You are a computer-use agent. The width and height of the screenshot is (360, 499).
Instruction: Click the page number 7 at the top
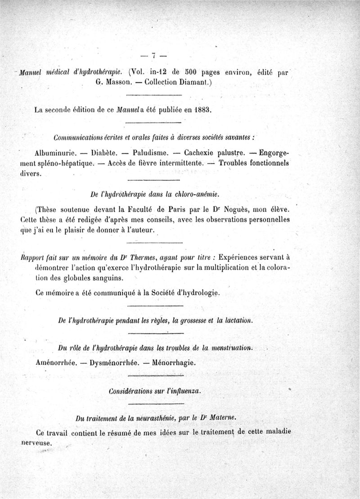coord(153,56)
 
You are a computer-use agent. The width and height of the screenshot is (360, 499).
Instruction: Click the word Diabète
coord(104,152)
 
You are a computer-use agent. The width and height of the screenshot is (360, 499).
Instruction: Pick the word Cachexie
coord(199,152)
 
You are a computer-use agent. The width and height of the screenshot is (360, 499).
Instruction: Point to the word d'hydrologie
coord(196,293)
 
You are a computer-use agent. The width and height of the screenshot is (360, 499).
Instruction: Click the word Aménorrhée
coord(54,362)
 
